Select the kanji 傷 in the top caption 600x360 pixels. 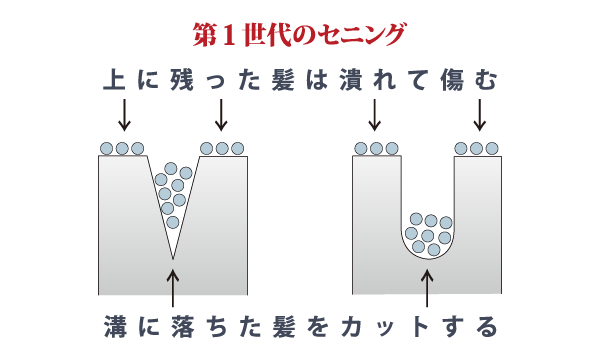tap(456, 80)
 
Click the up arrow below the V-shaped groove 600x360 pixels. tap(173, 287)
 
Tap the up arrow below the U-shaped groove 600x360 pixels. tap(428, 287)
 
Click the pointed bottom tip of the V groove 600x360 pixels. tap(173, 259)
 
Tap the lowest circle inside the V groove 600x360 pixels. tap(172, 222)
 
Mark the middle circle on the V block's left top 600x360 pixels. tap(123, 149)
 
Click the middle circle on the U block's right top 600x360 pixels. tap(477, 149)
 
